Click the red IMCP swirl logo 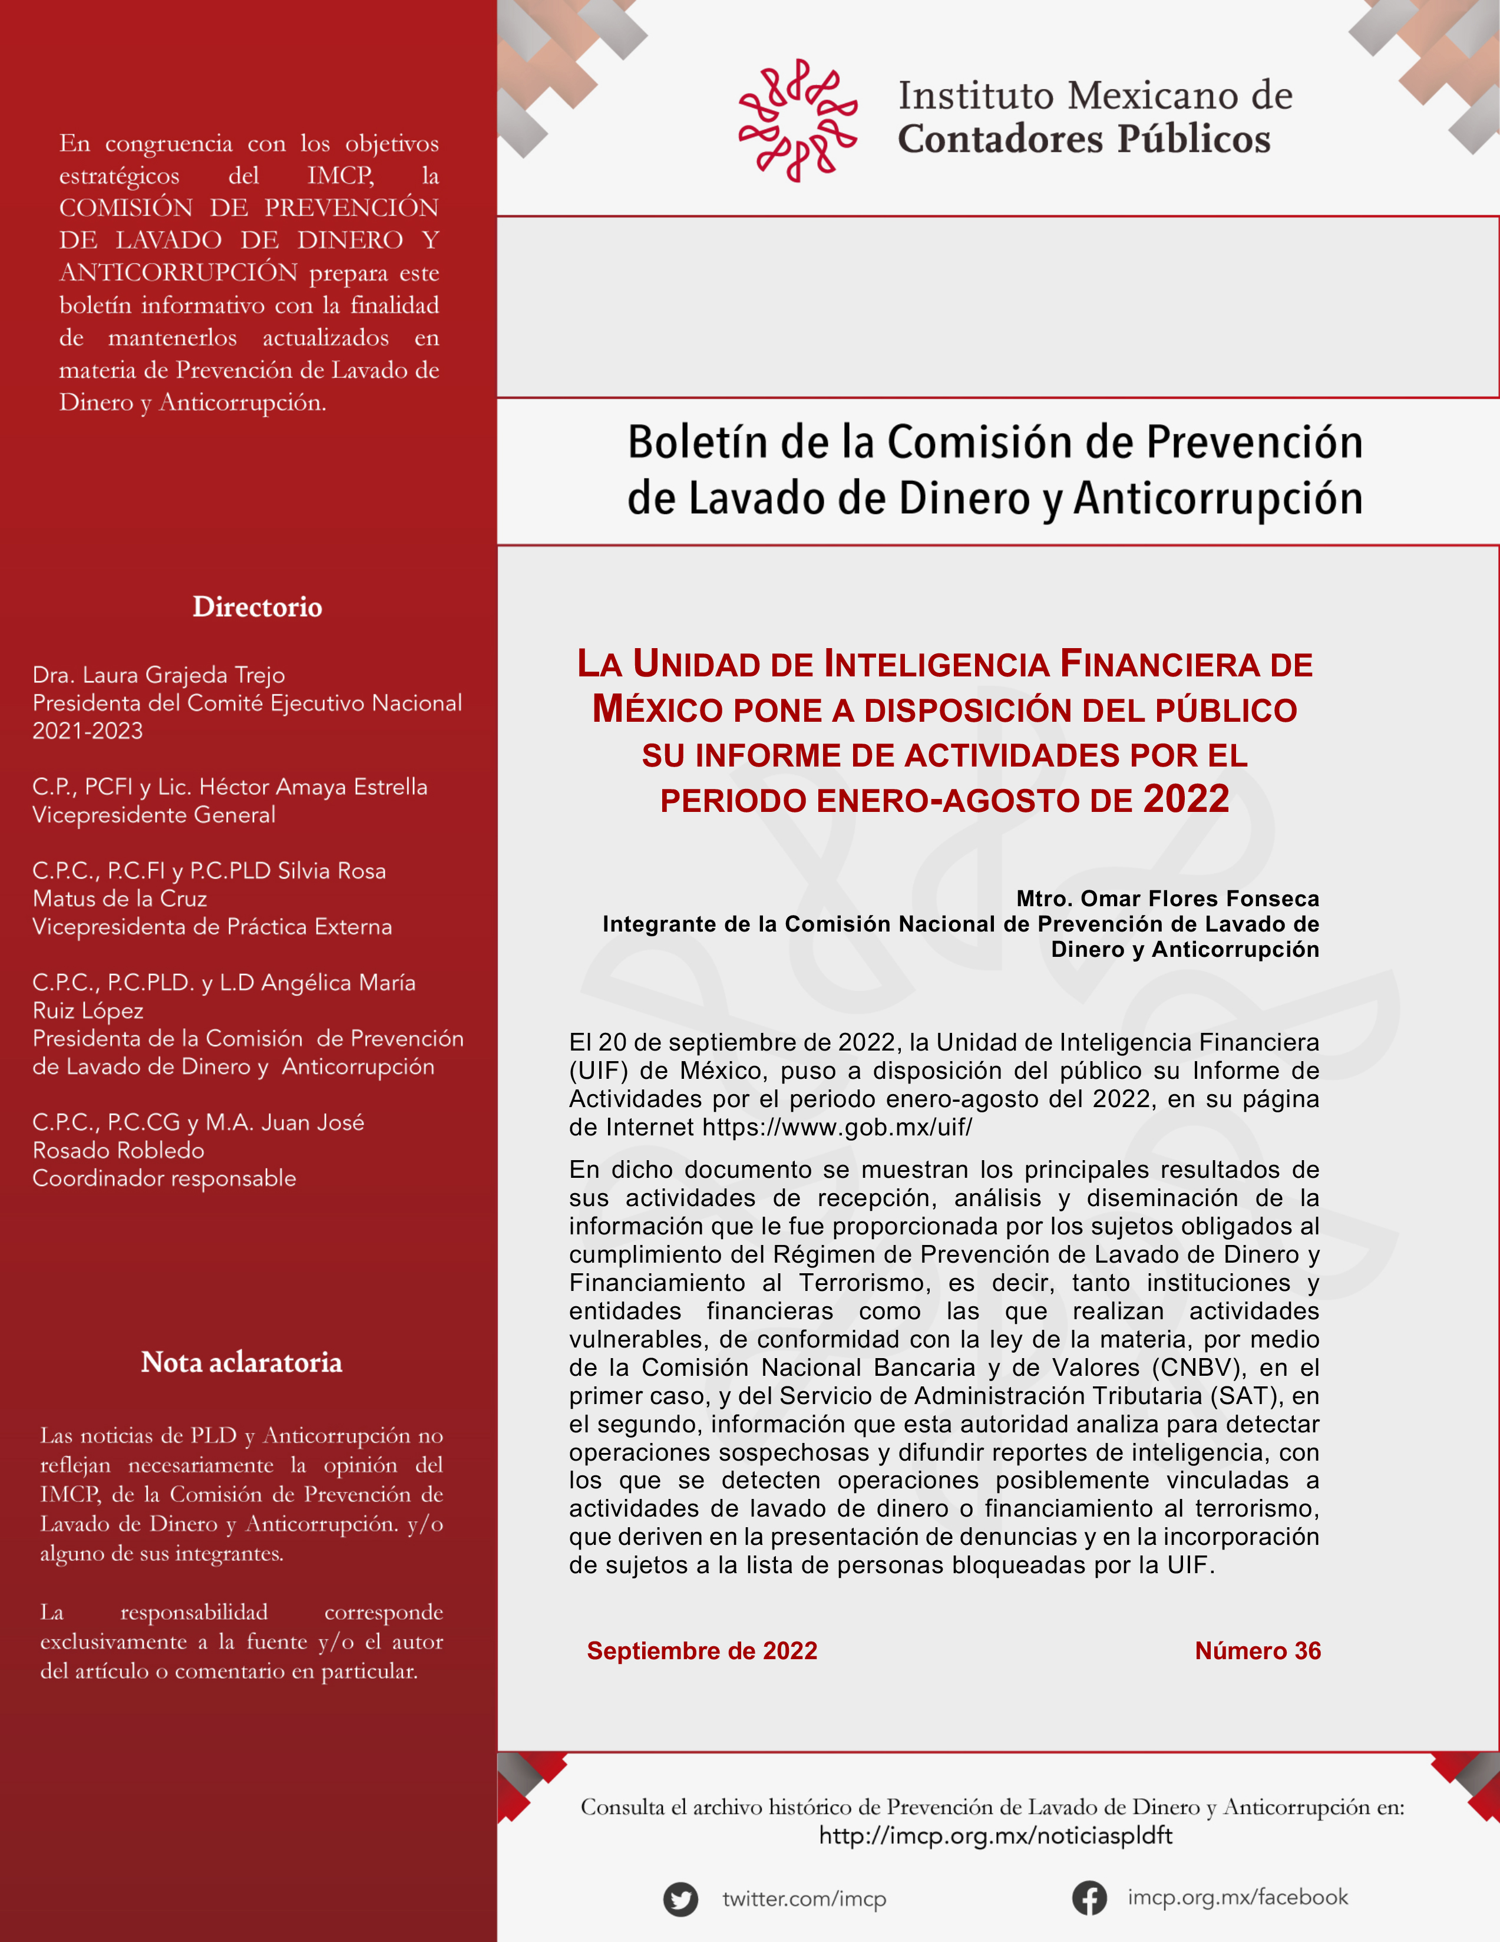[798, 120]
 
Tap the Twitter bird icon [680, 1898]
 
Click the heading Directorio [257, 607]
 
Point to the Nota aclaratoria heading [241, 1362]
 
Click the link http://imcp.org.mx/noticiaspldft [995, 1835]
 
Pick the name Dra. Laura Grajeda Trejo [158, 675]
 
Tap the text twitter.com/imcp [804, 1900]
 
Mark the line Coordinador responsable [164, 1178]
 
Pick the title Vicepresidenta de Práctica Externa [212, 927]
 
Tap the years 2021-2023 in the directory [87, 731]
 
